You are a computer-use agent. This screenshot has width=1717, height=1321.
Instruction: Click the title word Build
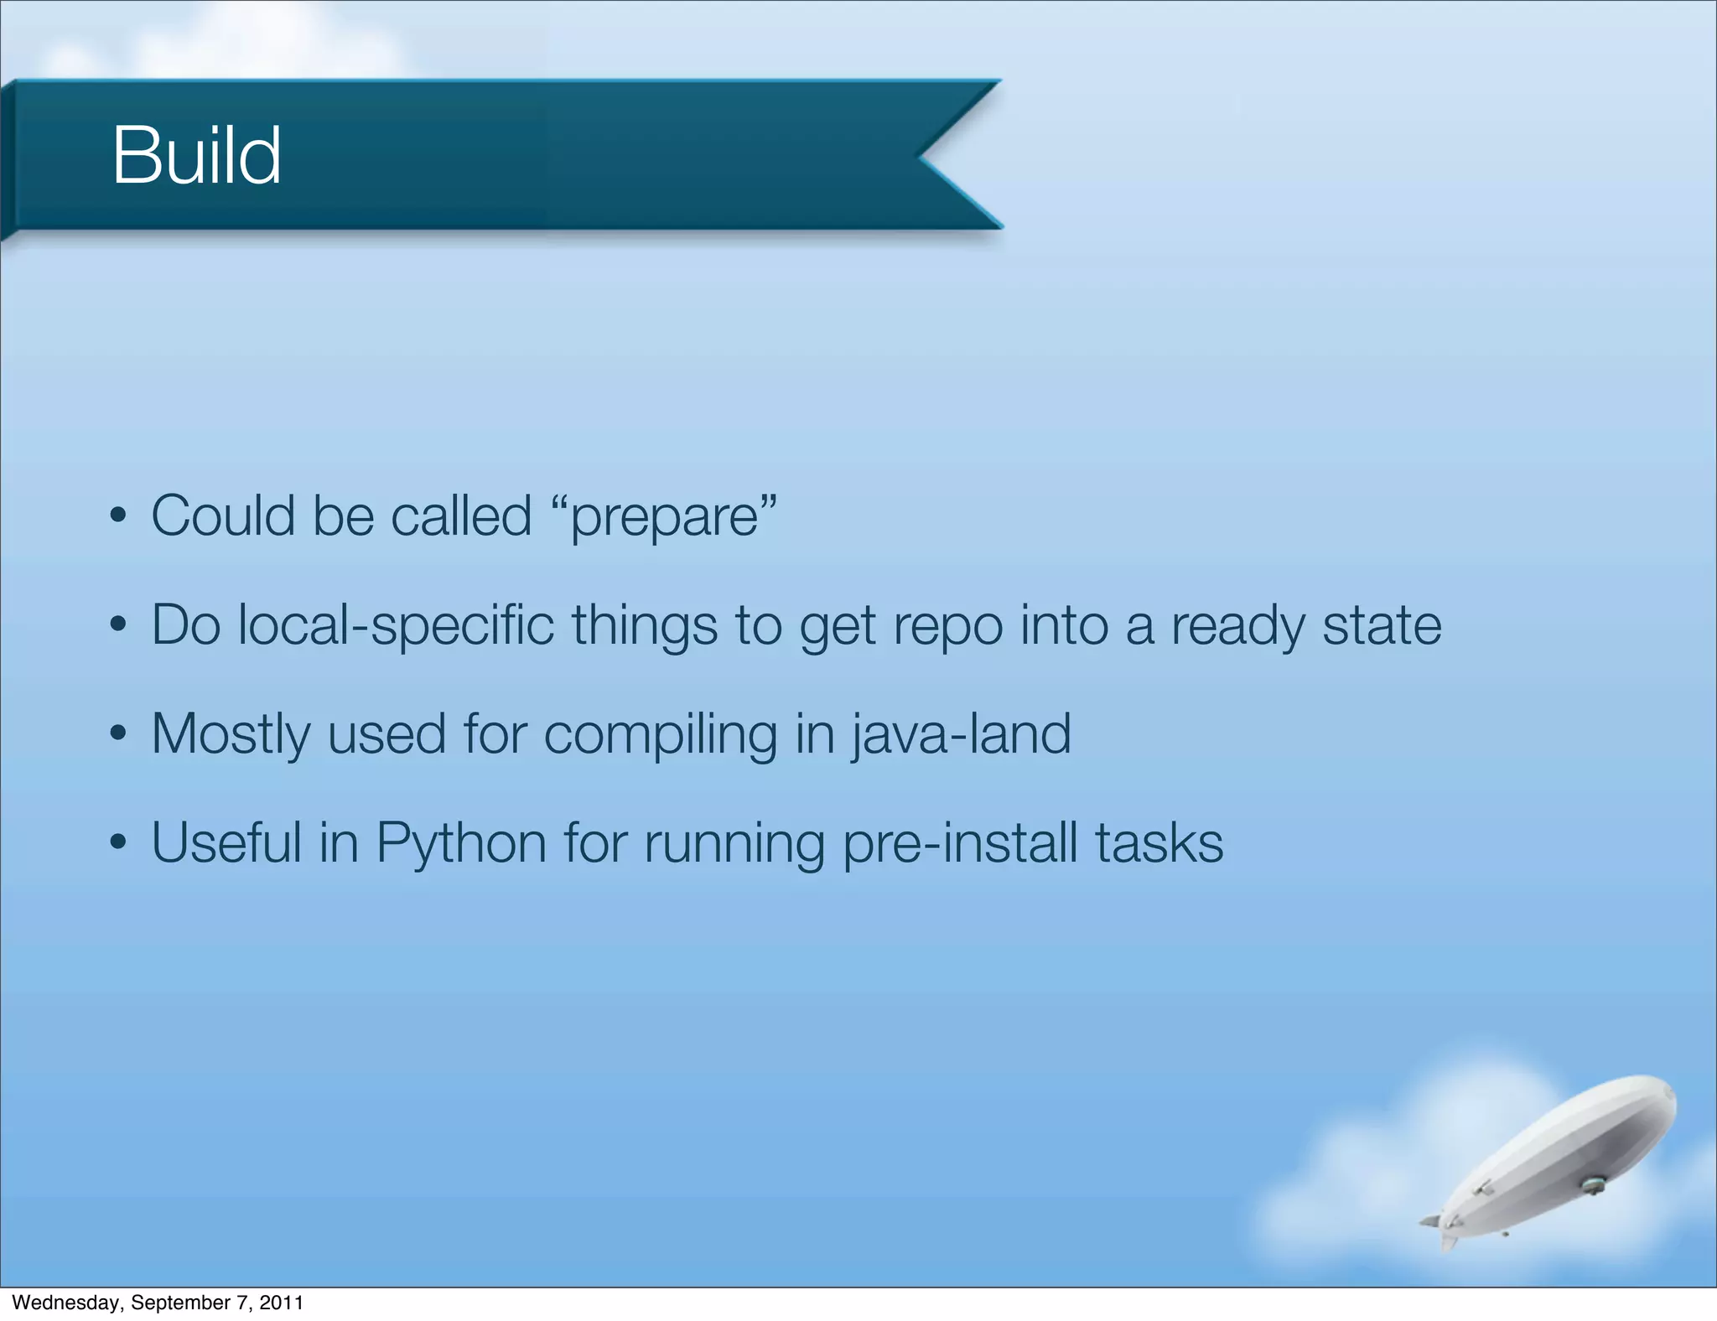tap(196, 156)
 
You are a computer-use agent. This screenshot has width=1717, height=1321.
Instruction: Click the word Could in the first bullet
tap(223, 515)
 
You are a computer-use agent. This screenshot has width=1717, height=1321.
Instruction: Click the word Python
tap(461, 843)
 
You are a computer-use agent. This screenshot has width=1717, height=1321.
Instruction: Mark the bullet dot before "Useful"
tap(118, 843)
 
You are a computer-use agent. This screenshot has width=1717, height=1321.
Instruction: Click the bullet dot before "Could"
tap(118, 515)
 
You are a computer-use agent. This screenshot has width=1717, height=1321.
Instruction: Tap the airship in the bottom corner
tap(1559, 1157)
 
